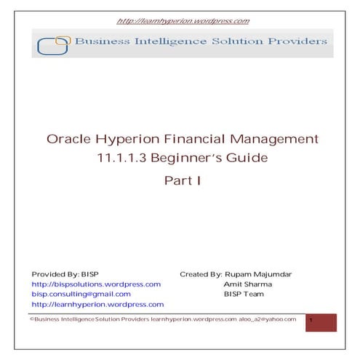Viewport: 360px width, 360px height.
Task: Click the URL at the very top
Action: (x=183, y=21)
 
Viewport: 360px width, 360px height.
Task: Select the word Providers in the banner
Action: (x=295, y=42)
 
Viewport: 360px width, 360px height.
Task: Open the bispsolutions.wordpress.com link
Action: (x=95, y=284)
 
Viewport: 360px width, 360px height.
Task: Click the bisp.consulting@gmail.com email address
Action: (x=81, y=295)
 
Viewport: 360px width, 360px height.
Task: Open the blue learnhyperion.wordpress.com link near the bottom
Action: (x=97, y=305)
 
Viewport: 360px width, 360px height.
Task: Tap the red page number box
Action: (x=321, y=322)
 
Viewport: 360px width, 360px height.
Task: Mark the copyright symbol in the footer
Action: (x=31, y=319)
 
